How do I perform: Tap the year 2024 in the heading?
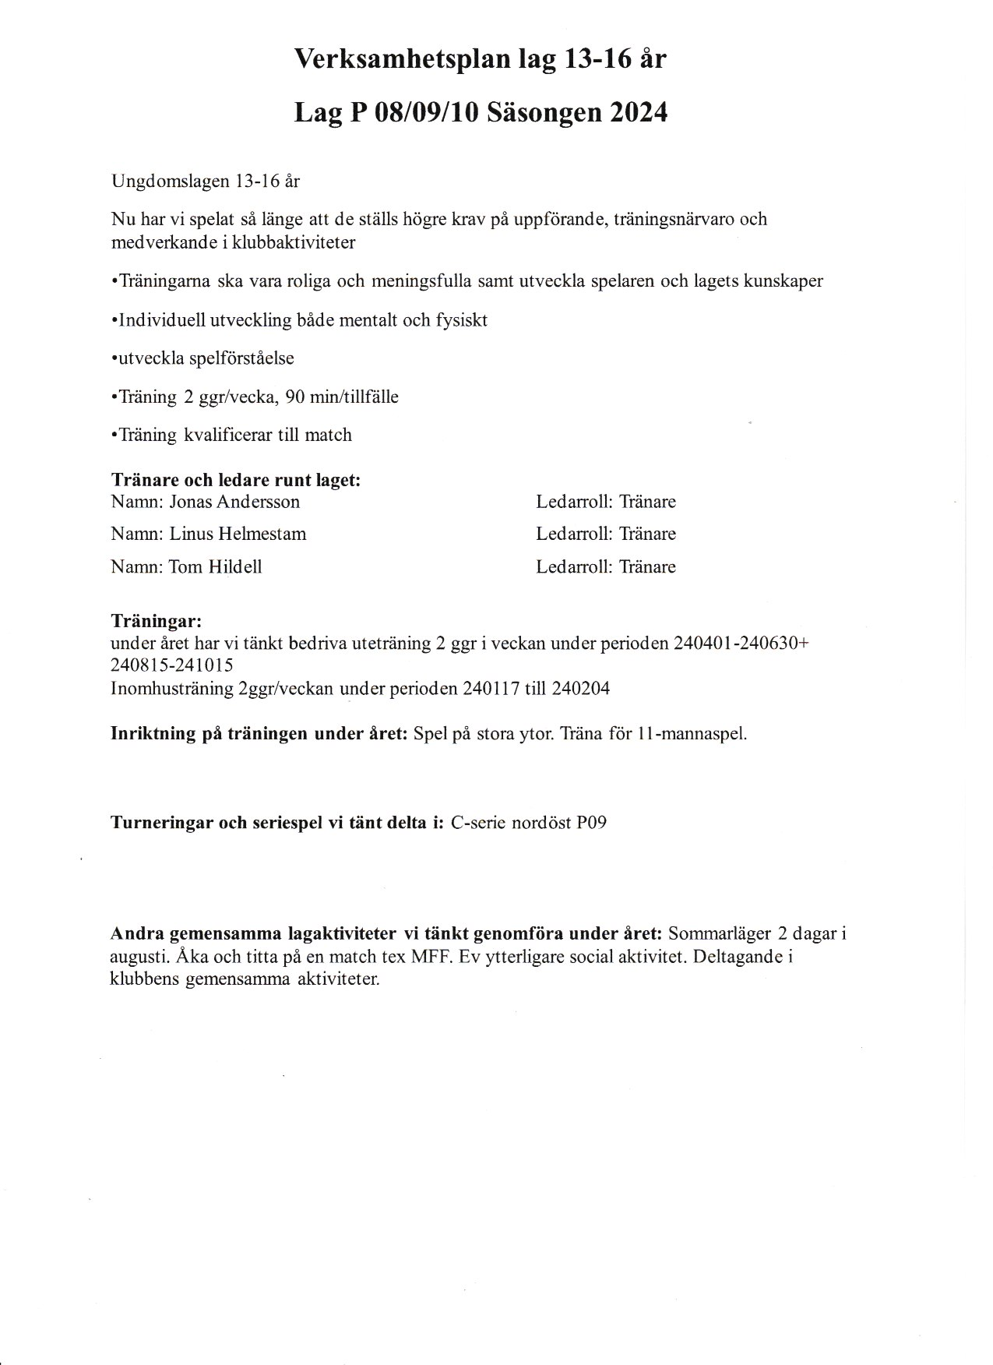click(639, 113)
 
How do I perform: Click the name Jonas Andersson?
click(234, 502)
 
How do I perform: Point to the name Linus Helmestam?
click(238, 534)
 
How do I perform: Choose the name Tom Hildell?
click(215, 567)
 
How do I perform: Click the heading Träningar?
click(157, 621)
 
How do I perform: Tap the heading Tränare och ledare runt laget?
click(236, 480)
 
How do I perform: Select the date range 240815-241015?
click(171, 665)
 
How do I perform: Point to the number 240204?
click(580, 689)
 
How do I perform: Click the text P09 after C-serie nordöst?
click(591, 823)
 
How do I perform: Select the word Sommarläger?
click(715, 933)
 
